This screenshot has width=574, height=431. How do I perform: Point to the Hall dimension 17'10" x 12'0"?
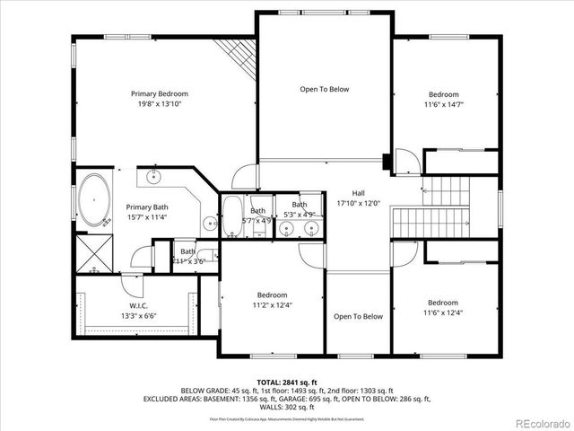pos(358,204)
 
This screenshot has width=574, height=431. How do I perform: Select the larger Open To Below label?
pos(324,89)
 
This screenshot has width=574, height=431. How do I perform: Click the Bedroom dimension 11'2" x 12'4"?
pos(272,305)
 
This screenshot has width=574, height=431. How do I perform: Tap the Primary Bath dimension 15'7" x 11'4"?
pos(147,216)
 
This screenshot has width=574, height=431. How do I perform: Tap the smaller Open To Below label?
pos(358,316)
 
